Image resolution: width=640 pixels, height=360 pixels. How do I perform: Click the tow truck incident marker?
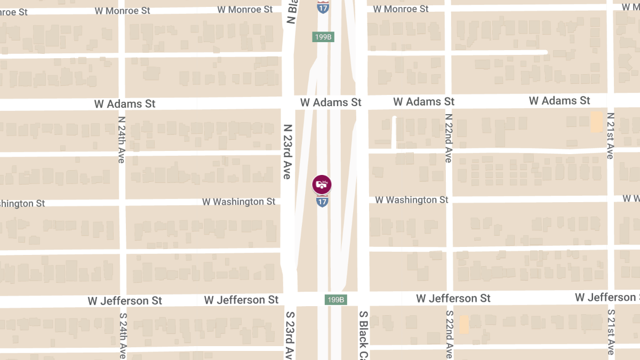click(322, 185)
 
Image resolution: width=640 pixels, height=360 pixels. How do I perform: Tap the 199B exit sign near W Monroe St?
click(323, 37)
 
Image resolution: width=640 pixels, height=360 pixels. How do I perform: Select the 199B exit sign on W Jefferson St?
click(336, 300)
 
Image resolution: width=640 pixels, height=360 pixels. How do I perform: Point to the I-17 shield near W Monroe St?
click(323, 7)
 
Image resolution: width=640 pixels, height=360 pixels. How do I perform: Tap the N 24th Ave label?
click(122, 139)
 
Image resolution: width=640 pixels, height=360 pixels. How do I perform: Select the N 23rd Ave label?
click(287, 151)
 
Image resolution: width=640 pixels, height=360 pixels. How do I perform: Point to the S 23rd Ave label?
click(290, 335)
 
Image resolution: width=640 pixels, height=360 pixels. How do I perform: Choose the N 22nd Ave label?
click(449, 138)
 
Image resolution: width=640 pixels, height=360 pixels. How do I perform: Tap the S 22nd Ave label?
click(450, 334)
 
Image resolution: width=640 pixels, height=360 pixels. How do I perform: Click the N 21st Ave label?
click(611, 135)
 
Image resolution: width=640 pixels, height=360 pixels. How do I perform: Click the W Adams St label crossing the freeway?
click(331, 102)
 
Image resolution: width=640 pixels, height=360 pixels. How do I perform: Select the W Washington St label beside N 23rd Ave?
click(239, 202)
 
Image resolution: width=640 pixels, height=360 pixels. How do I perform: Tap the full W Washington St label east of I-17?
click(412, 199)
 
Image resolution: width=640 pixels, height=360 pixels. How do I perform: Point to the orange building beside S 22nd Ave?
click(464, 324)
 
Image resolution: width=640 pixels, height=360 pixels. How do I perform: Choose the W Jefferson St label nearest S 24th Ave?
click(125, 301)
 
